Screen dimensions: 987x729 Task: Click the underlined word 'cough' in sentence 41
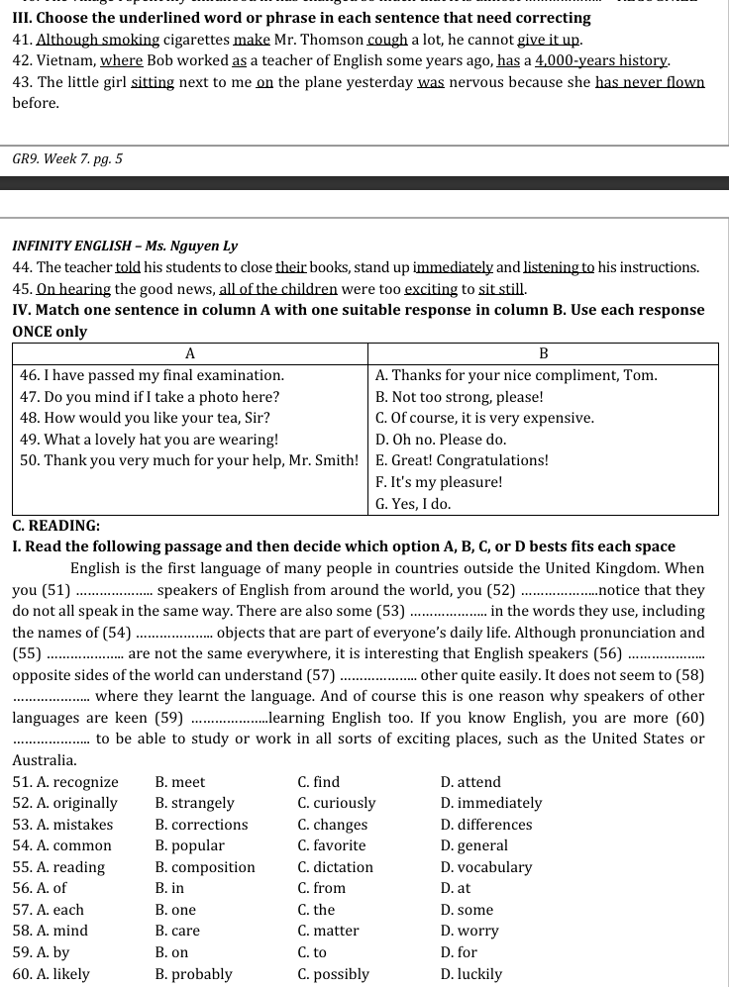386,40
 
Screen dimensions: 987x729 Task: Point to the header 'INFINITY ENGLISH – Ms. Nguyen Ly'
125,246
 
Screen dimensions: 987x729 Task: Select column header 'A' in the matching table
190,353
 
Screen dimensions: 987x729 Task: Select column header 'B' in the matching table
543,353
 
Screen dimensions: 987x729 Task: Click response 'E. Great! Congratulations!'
462,460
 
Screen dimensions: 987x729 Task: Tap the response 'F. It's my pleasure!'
439,482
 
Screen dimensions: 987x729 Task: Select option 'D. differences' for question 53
485,825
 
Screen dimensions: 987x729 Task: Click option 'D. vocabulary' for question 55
485,867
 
